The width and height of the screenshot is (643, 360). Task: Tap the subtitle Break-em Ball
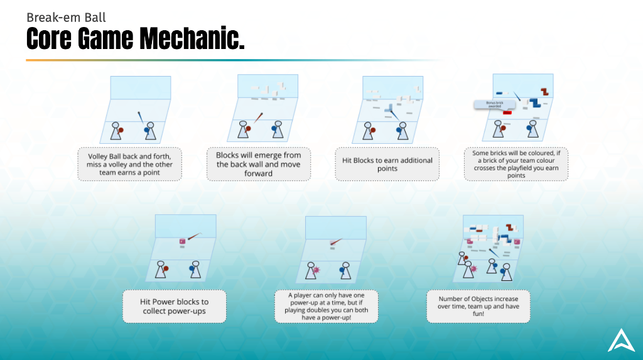click(x=66, y=17)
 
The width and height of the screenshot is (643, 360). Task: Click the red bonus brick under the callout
click(x=507, y=112)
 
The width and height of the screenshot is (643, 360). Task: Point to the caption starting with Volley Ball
click(x=129, y=164)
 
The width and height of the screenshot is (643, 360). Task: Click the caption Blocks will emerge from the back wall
click(x=258, y=164)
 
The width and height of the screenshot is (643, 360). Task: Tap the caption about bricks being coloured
click(x=516, y=164)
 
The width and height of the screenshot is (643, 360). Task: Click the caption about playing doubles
click(x=327, y=306)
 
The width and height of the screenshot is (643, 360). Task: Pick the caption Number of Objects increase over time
click(x=478, y=306)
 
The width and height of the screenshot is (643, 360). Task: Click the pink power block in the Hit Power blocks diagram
click(x=183, y=240)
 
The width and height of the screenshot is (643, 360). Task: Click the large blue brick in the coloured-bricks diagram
click(x=536, y=103)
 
